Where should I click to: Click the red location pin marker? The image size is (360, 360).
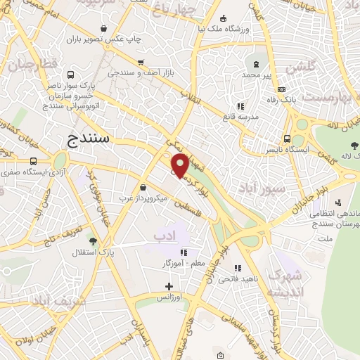click(x=180, y=166)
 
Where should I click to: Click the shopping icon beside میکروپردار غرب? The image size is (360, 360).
click(x=144, y=188)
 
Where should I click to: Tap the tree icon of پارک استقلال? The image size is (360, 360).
click(x=75, y=251)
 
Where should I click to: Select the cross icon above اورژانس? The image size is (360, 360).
click(x=169, y=286)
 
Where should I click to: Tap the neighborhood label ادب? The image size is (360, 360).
click(x=165, y=239)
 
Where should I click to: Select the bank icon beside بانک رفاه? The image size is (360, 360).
click(x=281, y=89)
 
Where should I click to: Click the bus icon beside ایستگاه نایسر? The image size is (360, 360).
click(x=287, y=139)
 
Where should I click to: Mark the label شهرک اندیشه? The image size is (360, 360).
click(x=289, y=283)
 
